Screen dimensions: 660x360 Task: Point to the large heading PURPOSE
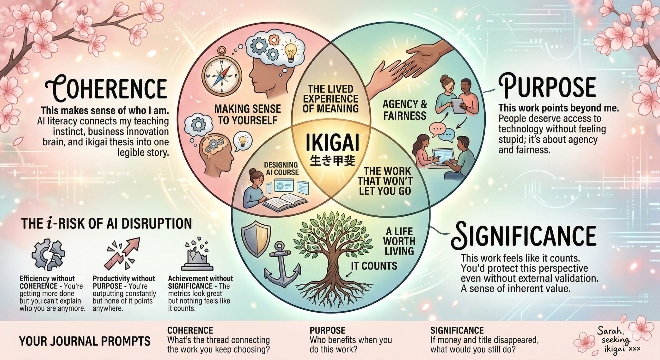(547, 87)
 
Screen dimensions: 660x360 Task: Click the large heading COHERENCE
(107, 87)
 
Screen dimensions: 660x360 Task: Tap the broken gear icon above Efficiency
(48, 254)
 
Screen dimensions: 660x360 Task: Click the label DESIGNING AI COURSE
(281, 169)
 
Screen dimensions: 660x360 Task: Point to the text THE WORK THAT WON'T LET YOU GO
(385, 181)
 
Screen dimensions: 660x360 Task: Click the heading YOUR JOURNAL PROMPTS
(85, 341)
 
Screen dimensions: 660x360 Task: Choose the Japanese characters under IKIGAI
(332, 160)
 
